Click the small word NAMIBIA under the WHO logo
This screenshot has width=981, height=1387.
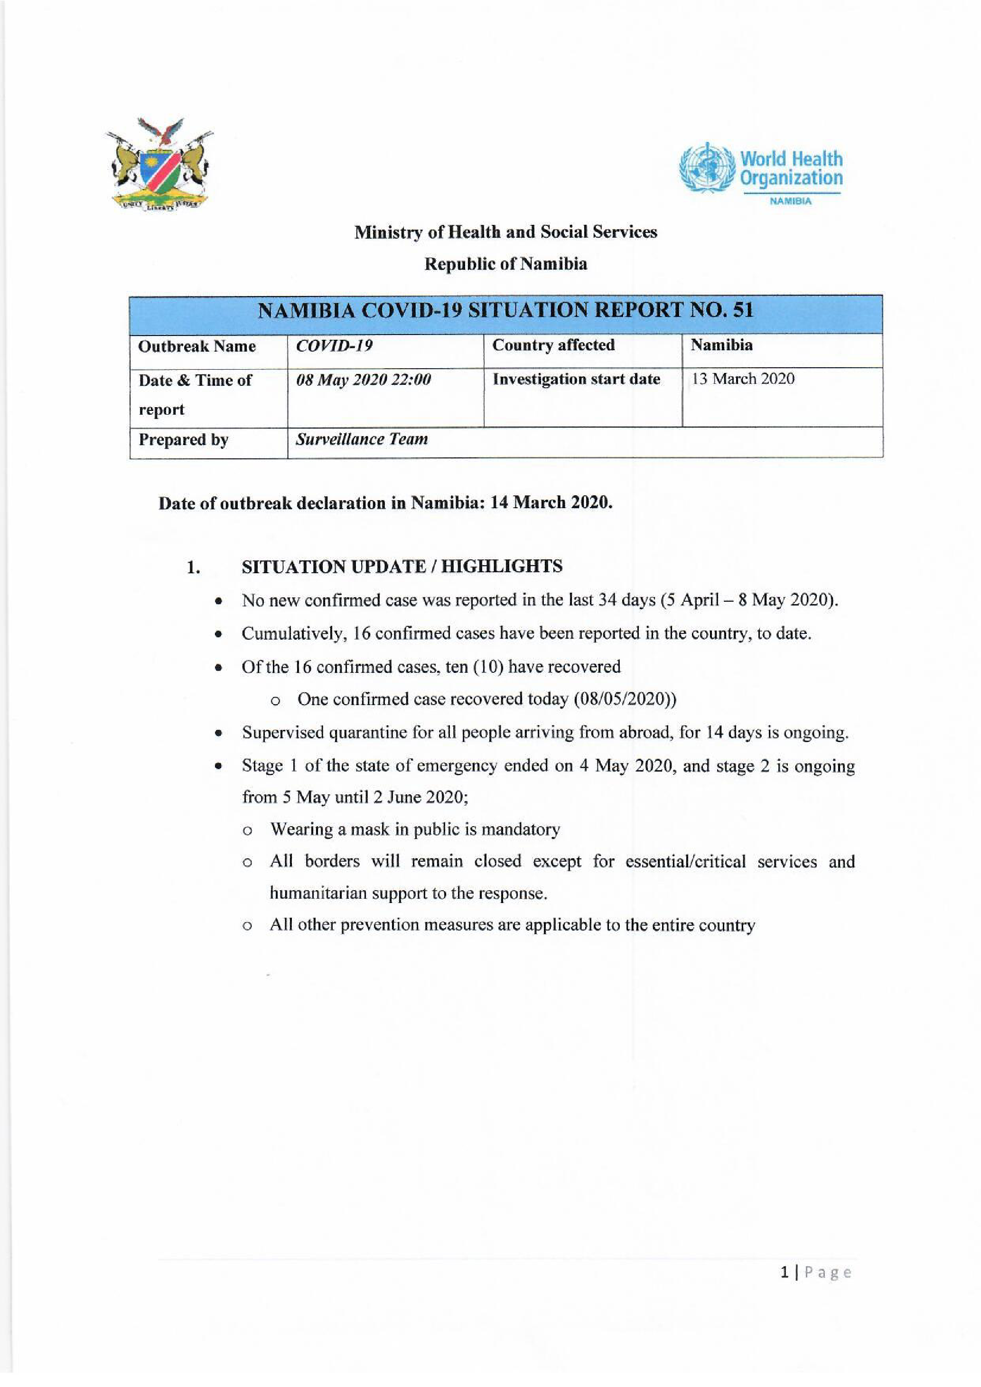[790, 202]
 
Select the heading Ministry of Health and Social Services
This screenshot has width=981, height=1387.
[505, 232]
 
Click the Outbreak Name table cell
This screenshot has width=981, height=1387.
[197, 346]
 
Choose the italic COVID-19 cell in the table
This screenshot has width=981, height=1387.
[334, 345]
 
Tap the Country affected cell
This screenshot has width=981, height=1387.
[553, 345]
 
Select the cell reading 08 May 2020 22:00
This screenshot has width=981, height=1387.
[363, 380]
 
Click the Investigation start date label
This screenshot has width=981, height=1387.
[576, 379]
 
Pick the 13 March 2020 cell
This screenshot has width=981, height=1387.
[743, 379]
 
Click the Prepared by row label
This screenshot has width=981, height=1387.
[184, 440]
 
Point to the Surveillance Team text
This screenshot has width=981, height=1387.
[361, 439]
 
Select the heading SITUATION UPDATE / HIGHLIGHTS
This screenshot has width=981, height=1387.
[402, 567]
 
